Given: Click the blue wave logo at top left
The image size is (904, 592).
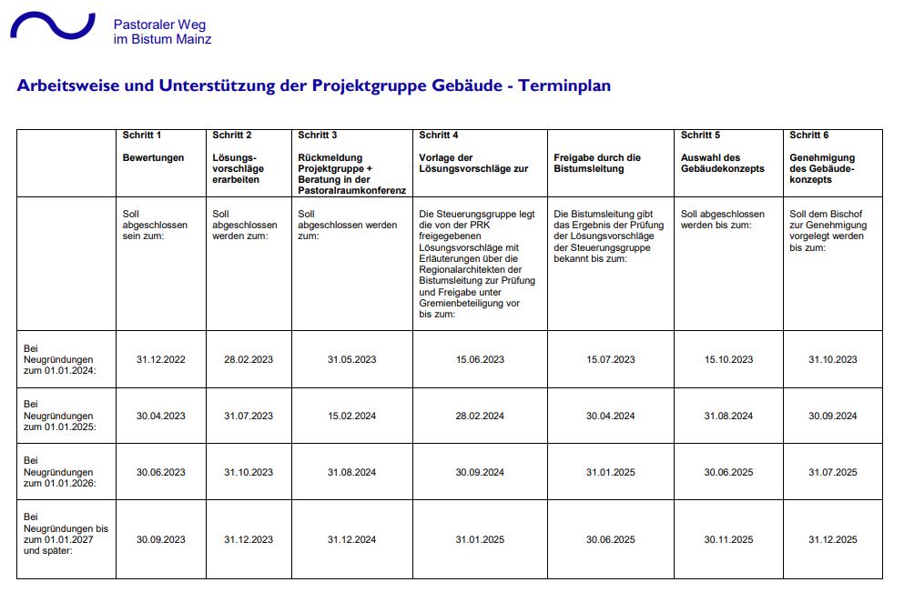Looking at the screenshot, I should point(52,25).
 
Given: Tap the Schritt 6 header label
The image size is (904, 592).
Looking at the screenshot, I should point(808,135).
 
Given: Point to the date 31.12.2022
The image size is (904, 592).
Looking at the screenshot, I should point(160,359).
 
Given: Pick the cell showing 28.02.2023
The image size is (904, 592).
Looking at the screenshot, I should point(249,359).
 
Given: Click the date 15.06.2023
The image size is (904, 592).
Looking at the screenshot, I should point(480,359).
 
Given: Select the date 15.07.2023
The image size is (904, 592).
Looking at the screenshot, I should point(611,359).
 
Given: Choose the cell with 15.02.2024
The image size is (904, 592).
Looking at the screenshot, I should point(351,416).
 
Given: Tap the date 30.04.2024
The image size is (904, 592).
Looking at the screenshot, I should point(611,416).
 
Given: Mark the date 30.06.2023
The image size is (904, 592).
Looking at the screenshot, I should point(160,472).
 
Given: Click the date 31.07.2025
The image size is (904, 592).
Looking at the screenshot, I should point(833,472).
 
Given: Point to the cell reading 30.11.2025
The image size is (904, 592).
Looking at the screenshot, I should point(728,539).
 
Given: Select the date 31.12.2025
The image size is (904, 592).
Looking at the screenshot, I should point(833,539).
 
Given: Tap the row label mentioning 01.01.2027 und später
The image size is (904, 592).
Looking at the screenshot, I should point(65,539).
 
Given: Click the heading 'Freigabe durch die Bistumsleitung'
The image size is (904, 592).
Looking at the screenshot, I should point(597,163).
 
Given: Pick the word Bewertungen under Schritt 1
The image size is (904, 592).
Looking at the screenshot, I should point(153,157).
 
